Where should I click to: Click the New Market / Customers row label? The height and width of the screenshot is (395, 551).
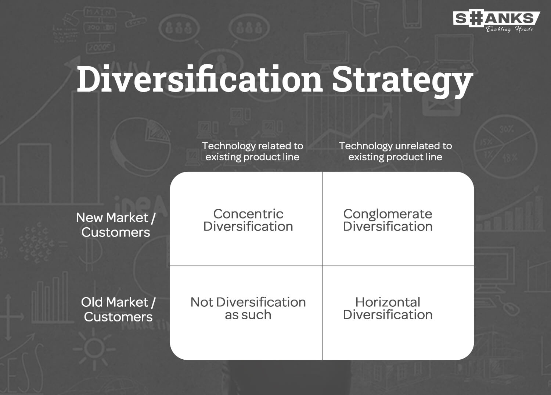[x=116, y=225]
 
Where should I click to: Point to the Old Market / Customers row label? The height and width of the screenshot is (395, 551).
[x=118, y=309]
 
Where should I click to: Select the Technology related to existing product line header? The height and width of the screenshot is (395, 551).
[x=253, y=151]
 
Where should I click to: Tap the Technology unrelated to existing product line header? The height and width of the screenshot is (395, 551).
[x=395, y=151]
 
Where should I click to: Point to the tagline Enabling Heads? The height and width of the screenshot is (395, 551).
[x=509, y=29]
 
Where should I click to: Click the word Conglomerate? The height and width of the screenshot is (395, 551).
[x=388, y=214]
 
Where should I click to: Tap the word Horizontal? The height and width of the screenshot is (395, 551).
[x=388, y=302]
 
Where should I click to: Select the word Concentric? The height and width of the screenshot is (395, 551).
[x=248, y=214]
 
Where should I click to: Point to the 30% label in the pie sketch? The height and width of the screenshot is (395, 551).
[x=507, y=129]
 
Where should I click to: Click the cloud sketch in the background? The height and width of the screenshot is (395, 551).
[x=391, y=59]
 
